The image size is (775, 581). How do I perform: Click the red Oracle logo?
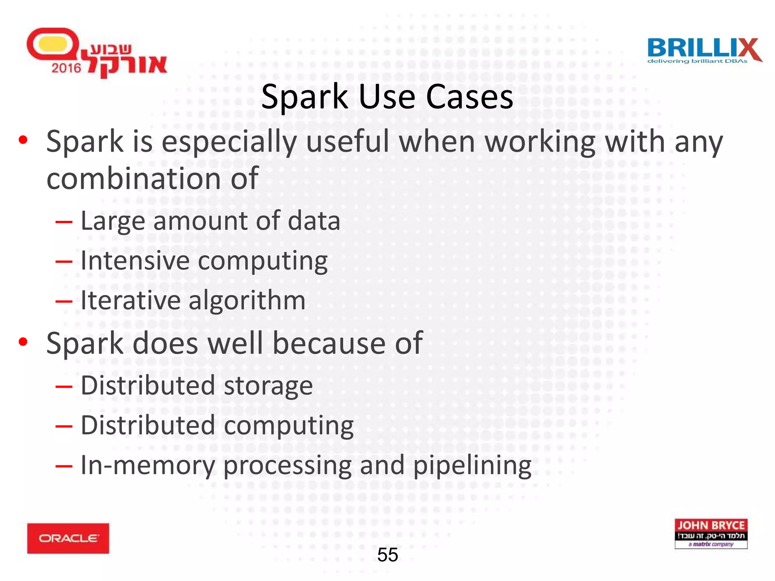coord(68,538)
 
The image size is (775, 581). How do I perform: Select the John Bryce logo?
coord(711,533)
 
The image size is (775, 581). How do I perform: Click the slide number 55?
coord(387,555)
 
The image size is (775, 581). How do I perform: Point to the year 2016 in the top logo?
coord(66,68)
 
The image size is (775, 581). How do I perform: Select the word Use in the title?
coord(387,97)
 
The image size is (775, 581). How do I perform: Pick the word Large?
coord(113,221)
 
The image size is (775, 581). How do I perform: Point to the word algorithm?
coord(247,300)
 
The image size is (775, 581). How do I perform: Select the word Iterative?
coord(130,300)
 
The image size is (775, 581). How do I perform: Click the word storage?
coord(268,386)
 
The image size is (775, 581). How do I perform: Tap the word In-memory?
coord(148,465)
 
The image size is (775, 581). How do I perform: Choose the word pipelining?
coord(472,466)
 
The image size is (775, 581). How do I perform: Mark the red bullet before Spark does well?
coord(23,342)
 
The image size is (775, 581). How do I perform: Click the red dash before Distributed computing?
coord(64,426)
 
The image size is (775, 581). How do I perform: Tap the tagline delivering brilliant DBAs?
coord(697,61)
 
